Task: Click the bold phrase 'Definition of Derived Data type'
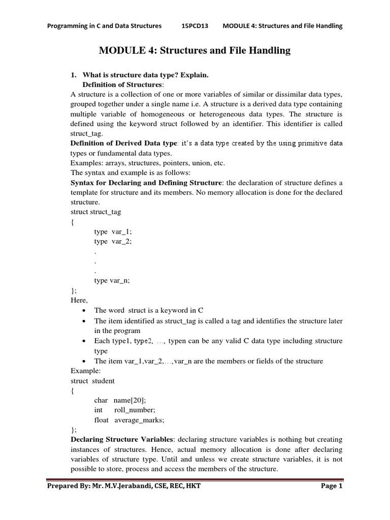pos(124,144)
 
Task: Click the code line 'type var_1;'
pos(113,232)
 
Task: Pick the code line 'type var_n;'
pos(112,280)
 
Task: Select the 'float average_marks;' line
pos(129,419)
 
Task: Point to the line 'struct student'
pos(93,380)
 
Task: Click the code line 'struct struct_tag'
pos(96,211)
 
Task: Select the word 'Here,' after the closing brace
pos(79,300)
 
